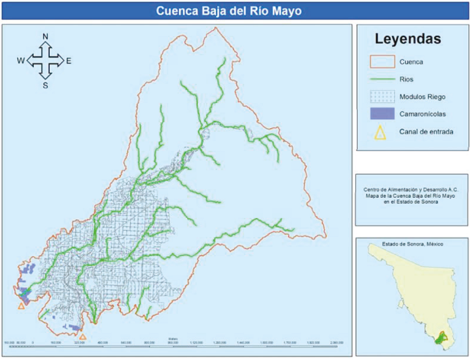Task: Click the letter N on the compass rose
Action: (x=45, y=37)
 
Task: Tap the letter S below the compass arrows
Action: (x=45, y=85)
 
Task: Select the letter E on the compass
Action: (x=69, y=61)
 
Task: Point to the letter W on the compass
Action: (x=21, y=61)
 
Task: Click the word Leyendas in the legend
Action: (x=408, y=40)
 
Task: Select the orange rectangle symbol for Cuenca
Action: (x=380, y=61)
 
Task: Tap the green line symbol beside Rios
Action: (x=380, y=79)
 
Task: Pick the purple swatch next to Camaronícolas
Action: (x=380, y=114)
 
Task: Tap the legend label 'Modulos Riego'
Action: (x=421, y=97)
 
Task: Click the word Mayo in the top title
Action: (x=287, y=11)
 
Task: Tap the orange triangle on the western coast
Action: (x=21, y=306)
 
